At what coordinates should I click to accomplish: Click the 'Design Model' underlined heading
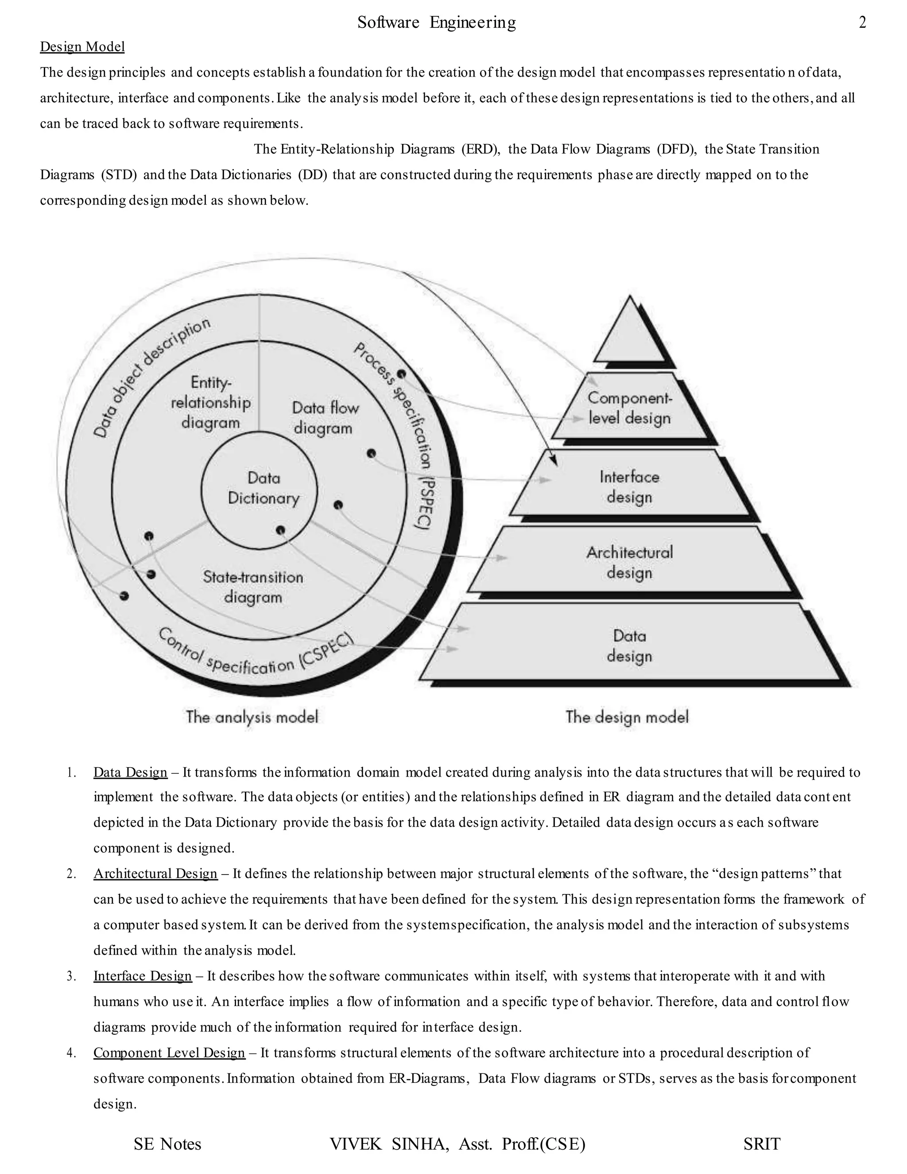pyautogui.click(x=82, y=47)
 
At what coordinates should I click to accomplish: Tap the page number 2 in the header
pyautogui.click(x=862, y=23)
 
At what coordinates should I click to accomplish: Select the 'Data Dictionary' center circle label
pyautogui.click(x=264, y=488)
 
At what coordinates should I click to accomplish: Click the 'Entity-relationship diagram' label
pyautogui.click(x=211, y=402)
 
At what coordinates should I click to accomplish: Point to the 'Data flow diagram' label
pyautogui.click(x=325, y=418)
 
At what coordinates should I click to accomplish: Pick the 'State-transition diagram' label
pyautogui.click(x=253, y=587)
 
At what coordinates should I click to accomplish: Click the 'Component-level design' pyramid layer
pyautogui.click(x=630, y=408)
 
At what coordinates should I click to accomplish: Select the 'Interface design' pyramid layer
pyautogui.click(x=629, y=487)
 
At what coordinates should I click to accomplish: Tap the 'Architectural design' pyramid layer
pyautogui.click(x=629, y=562)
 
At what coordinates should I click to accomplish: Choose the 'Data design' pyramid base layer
pyautogui.click(x=629, y=645)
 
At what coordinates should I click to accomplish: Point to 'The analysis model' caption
pyautogui.click(x=252, y=716)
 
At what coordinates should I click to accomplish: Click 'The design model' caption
pyautogui.click(x=627, y=716)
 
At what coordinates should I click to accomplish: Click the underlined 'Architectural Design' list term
pyautogui.click(x=155, y=874)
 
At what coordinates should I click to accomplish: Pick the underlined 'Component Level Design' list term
pyautogui.click(x=169, y=1053)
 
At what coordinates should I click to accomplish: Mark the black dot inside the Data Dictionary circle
pyautogui.click(x=280, y=530)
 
